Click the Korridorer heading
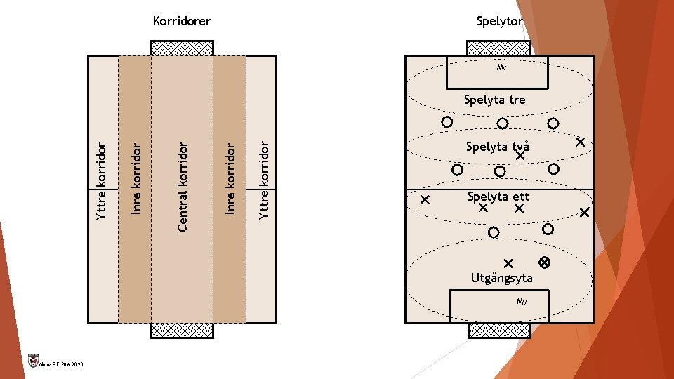coord(182,22)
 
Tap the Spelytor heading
coord(499,22)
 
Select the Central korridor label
coord(183,187)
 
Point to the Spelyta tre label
coord(494,100)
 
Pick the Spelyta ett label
coord(498,197)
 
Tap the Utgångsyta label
coord(501,278)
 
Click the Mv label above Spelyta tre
coord(501,68)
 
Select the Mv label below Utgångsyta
coord(521,302)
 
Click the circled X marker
coord(544,262)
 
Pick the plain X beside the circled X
coord(509,263)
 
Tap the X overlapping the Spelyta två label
coord(520,157)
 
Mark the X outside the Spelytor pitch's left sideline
coord(425,199)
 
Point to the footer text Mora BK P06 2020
coord(62,365)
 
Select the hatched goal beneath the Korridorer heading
coord(183,48)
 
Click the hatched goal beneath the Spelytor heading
coord(499,48)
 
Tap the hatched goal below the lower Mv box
coord(499,331)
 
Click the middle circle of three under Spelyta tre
coord(503,124)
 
